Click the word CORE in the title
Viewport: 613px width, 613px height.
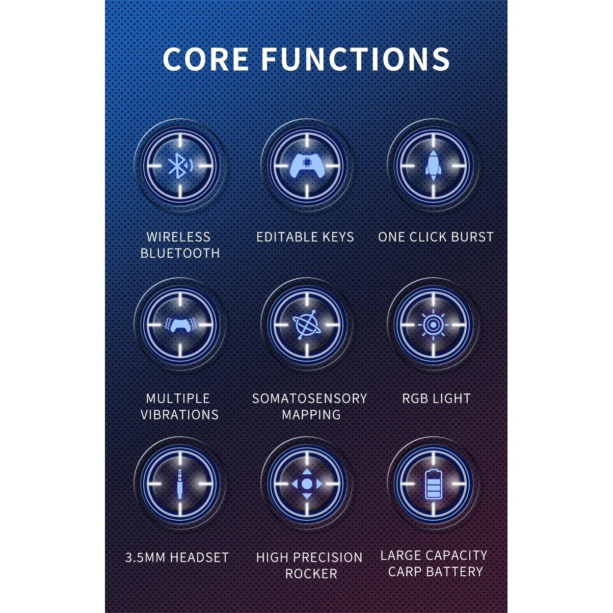click(206, 59)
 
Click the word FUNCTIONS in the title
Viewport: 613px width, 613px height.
click(356, 59)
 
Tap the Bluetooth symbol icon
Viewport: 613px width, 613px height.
click(178, 166)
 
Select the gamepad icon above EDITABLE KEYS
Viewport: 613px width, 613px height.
click(307, 166)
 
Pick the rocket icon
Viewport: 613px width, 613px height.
click(433, 166)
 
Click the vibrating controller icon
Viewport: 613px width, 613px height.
click(179, 325)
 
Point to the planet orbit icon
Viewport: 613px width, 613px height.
click(307, 325)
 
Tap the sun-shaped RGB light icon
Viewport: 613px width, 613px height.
click(433, 325)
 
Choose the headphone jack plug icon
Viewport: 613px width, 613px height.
click(179, 484)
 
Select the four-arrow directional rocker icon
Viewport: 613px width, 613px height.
click(307, 484)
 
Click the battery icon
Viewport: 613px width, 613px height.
click(433, 484)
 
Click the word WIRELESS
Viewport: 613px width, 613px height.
click(178, 237)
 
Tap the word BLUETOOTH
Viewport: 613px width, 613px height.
click(180, 253)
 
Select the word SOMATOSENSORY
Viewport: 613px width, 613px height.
click(309, 398)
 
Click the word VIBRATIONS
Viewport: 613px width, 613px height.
click(180, 415)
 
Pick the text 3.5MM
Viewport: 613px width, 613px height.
click(142, 557)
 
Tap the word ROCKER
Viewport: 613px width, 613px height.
click(311, 574)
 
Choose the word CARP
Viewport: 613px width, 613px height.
click(405, 572)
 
